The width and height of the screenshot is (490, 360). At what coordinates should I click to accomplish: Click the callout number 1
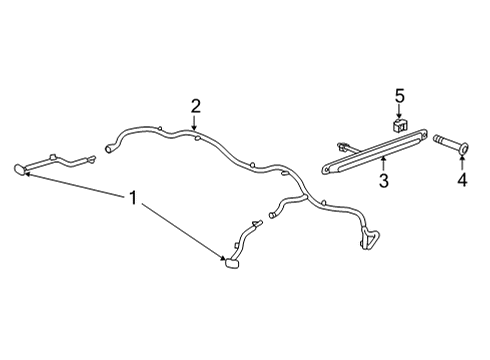click(133, 198)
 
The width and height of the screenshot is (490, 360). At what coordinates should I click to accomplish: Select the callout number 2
click(196, 106)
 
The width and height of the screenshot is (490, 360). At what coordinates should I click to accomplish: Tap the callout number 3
click(384, 180)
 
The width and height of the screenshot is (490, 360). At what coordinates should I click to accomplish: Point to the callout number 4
click(462, 180)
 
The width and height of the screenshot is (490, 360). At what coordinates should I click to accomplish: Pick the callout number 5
click(400, 96)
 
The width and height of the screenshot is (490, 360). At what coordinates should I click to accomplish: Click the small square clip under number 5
click(399, 125)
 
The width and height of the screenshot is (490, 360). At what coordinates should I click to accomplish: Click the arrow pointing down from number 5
click(399, 112)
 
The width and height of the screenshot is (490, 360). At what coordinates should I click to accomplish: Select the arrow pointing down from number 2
click(194, 122)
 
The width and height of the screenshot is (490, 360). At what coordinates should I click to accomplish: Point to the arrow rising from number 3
click(383, 164)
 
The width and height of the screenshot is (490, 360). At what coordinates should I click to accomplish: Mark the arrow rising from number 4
click(462, 164)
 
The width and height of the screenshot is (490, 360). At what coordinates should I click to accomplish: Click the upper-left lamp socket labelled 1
click(20, 169)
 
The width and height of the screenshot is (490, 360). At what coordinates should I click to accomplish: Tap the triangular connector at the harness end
click(369, 237)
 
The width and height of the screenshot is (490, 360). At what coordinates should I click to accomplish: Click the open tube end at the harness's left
click(109, 149)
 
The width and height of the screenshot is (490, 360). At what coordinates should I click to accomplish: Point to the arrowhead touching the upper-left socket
click(28, 173)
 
